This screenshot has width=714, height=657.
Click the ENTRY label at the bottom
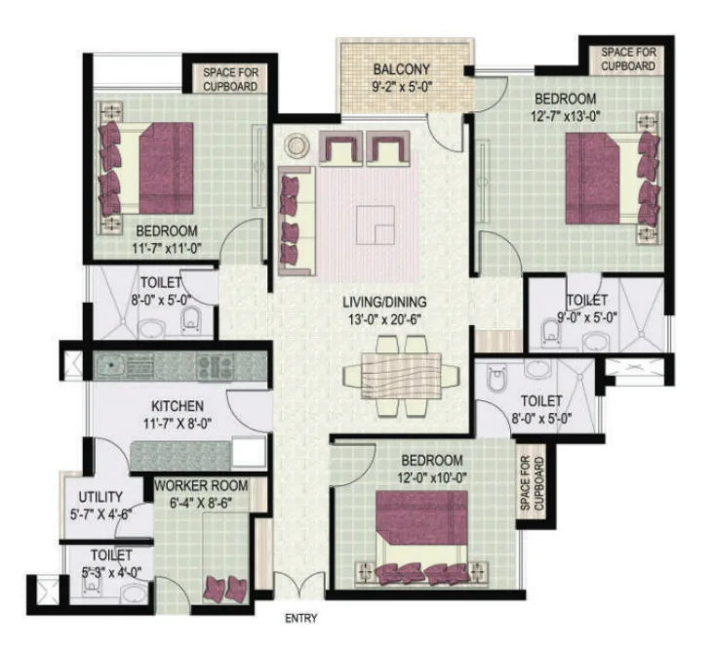(x=301, y=618)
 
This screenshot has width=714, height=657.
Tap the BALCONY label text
(x=401, y=69)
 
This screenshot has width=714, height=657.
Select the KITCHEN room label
(x=178, y=406)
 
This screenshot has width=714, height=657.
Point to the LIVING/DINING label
(x=384, y=302)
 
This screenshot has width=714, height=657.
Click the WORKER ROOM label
(x=201, y=486)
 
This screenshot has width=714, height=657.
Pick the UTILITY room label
(x=100, y=496)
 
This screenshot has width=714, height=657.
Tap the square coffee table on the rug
(x=376, y=226)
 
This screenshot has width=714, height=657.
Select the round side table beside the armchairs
(x=297, y=144)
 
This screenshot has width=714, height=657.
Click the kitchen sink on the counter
(x=110, y=365)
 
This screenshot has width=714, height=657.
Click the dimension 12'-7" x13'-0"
(x=565, y=116)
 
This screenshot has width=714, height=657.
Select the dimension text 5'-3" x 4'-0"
(x=110, y=571)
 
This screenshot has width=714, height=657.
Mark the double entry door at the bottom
(x=300, y=587)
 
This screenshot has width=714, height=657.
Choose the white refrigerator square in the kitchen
(x=249, y=451)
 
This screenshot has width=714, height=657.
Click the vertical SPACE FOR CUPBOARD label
(x=532, y=482)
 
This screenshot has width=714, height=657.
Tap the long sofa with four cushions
(x=296, y=221)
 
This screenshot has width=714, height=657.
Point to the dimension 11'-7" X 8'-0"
(x=178, y=425)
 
